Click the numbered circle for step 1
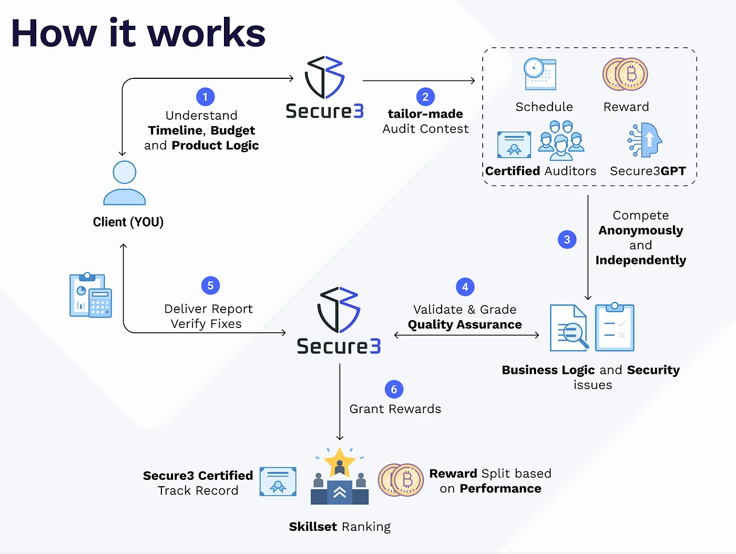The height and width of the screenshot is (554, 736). point(205,97)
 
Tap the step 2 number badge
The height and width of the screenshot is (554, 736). point(425,97)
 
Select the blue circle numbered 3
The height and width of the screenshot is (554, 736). point(567,240)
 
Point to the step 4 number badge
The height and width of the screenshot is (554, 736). point(465,287)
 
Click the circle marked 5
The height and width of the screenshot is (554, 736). point(210,285)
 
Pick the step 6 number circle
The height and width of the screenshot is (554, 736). point(394,389)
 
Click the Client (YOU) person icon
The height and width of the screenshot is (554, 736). point(125,183)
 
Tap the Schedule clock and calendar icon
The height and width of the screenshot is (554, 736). point(540,74)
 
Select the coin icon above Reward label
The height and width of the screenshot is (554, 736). point(625,74)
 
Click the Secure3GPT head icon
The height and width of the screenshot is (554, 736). point(646,140)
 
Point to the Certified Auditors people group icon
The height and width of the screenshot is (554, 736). point(561,140)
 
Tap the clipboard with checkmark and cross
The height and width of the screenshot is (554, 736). point(615,327)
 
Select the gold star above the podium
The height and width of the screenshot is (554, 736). point(340,460)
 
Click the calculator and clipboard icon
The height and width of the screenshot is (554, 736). point(90,295)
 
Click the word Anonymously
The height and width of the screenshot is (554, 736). point(640,230)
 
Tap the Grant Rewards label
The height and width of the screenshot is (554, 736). point(395,409)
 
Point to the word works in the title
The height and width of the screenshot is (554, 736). point(206,33)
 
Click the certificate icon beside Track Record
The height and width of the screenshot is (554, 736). point(278,481)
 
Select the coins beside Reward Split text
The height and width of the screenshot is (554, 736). point(401,480)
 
